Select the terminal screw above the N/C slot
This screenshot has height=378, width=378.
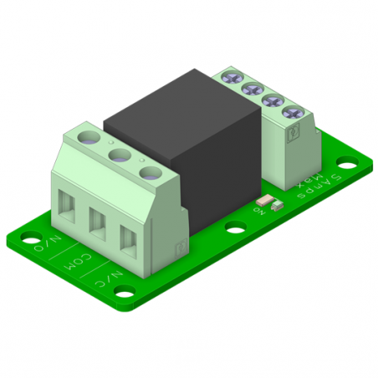tap(151, 174)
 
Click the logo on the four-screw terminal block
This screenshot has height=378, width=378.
tap(294, 132)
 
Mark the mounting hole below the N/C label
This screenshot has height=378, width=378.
tap(125, 293)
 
